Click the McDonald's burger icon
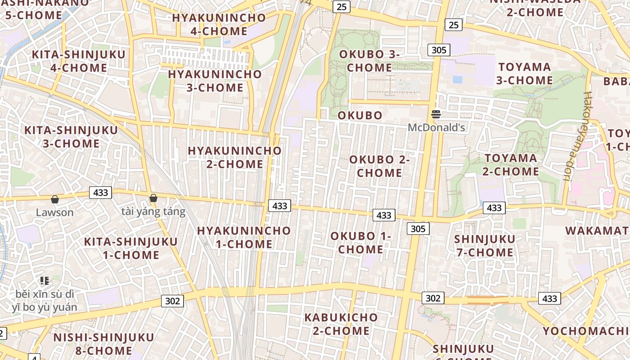pyautogui.click(x=436, y=114)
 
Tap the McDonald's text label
pyautogui.click(x=436, y=127)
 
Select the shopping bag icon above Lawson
pyautogui.click(x=55, y=199)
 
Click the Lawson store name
pyautogui.click(x=55, y=212)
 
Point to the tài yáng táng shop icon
pyautogui.click(x=153, y=198)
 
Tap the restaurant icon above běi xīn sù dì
pyautogui.click(x=44, y=281)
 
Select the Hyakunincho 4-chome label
pyautogui.click(x=219, y=25)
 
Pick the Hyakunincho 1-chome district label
pyautogui.click(x=244, y=237)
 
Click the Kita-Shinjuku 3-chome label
pyautogui.click(x=71, y=137)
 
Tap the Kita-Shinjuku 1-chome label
pyautogui.click(x=131, y=248)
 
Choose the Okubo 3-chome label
pyautogui.click(x=369, y=61)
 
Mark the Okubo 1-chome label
pyautogui.click(x=361, y=243)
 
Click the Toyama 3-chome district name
pyautogui.click(x=525, y=74)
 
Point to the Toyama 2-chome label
pyautogui.click(x=511, y=165)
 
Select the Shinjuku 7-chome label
pyautogui.click(x=485, y=245)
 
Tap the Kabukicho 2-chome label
pyautogui.click(x=341, y=324)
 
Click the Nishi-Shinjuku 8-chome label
pyautogui.click(x=103, y=344)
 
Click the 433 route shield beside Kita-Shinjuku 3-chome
pyautogui.click(x=101, y=193)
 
